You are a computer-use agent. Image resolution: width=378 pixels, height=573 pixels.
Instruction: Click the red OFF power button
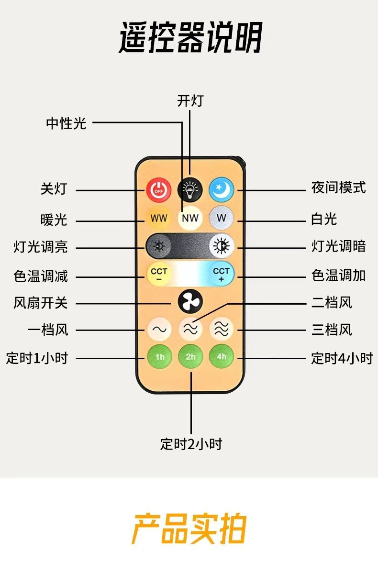click(x=158, y=190)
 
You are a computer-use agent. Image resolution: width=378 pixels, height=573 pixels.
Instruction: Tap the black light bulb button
click(x=190, y=190)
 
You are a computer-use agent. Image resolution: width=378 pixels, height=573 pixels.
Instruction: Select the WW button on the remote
click(x=158, y=219)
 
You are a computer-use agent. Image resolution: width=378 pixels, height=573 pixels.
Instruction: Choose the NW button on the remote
click(x=190, y=219)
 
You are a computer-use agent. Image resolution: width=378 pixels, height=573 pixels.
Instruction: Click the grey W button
click(x=221, y=219)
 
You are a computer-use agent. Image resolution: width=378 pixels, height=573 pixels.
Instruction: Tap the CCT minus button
click(x=159, y=274)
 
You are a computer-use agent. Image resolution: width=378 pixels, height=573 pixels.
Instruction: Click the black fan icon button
click(x=190, y=302)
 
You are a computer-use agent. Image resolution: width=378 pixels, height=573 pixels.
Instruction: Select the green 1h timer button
click(x=159, y=356)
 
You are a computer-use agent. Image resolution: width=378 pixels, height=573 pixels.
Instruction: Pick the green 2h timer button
click(x=190, y=356)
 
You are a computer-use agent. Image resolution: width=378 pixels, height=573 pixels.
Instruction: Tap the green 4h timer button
click(x=222, y=356)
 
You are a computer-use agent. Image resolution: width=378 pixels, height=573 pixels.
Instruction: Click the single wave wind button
click(x=159, y=329)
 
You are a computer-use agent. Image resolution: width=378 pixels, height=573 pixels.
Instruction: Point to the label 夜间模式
click(x=338, y=187)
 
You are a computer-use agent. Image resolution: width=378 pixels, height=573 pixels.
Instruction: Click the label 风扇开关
click(x=41, y=303)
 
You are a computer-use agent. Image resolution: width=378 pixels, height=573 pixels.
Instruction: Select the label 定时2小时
click(x=191, y=444)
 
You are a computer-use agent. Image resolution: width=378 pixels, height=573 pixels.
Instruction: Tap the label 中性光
click(x=66, y=123)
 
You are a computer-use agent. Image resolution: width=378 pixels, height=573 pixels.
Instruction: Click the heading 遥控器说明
click(x=190, y=38)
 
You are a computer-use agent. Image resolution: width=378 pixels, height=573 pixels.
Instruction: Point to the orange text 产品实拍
click(x=189, y=529)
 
